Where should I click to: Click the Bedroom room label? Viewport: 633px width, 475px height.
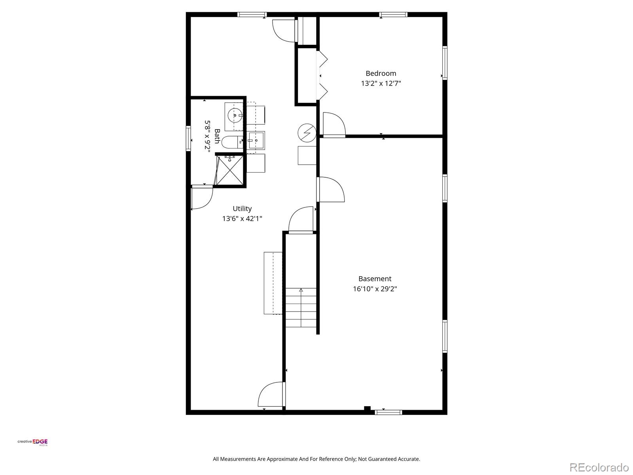[x=381, y=73]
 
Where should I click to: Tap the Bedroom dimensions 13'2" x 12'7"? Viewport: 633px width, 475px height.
[x=381, y=84]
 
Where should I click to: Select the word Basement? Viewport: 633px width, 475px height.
[x=375, y=279]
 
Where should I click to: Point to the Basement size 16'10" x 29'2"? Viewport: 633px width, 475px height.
[x=375, y=289]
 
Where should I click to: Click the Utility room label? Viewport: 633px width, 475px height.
[x=242, y=209]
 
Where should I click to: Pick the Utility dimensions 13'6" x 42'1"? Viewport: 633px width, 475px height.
[x=242, y=218]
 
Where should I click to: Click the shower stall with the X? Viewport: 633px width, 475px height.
[x=229, y=171]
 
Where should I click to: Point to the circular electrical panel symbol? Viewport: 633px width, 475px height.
[x=307, y=133]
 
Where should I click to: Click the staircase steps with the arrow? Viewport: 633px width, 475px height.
[x=301, y=308]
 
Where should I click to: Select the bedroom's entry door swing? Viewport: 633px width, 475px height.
[x=334, y=124]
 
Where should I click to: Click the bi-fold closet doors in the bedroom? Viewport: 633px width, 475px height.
[x=322, y=75]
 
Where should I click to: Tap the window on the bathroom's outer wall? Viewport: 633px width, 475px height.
[x=188, y=138]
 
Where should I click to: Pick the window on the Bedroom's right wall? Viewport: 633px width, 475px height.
[x=445, y=63]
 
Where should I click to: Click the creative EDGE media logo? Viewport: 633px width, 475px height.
[x=32, y=443]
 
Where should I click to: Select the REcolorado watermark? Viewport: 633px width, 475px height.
[x=599, y=467]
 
